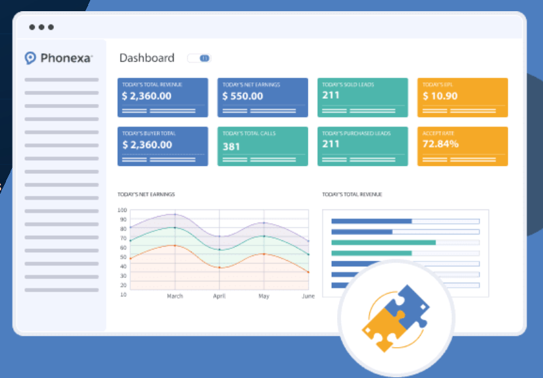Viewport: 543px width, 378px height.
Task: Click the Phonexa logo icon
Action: pyautogui.click(x=30, y=58)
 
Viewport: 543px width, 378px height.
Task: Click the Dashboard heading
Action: pyautogui.click(x=147, y=58)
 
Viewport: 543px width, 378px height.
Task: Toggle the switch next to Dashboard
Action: pyautogui.click(x=199, y=58)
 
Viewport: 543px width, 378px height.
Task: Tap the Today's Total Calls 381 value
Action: pyautogui.click(x=231, y=146)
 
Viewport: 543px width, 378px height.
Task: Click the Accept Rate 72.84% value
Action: pyautogui.click(x=440, y=144)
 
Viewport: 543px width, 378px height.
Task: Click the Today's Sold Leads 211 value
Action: pyautogui.click(x=330, y=95)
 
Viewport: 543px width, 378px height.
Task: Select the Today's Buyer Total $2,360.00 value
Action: pyautogui.click(x=147, y=144)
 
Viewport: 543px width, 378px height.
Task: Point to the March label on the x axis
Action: pyautogui.click(x=174, y=296)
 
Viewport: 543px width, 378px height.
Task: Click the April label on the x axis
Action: pyautogui.click(x=219, y=296)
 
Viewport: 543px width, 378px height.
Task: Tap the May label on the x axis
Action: pyautogui.click(x=264, y=296)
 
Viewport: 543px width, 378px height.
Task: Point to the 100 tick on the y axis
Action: pyautogui.click(x=122, y=210)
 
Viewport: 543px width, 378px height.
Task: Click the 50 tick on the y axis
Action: pyautogui.click(x=123, y=257)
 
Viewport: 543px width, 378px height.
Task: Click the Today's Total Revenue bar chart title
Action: pyautogui.click(x=352, y=194)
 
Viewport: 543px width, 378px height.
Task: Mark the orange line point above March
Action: pyautogui.click(x=174, y=245)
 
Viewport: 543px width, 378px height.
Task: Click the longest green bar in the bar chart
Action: pyautogui.click(x=383, y=242)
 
